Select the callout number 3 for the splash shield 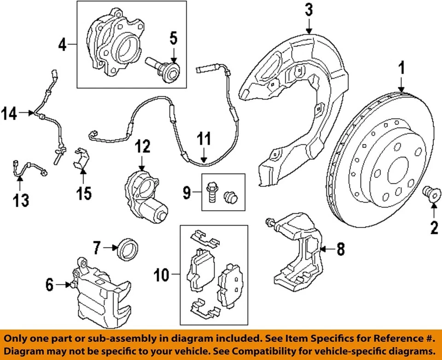(308, 9)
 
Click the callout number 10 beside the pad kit (161, 276)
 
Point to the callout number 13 (20, 200)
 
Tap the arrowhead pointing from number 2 (433, 208)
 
